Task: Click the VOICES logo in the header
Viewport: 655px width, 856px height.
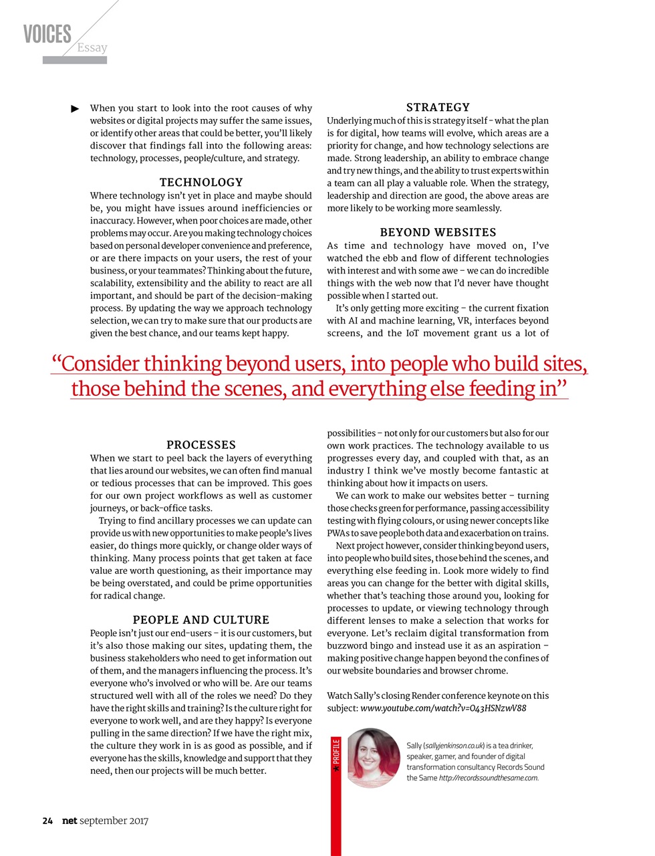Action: pyautogui.click(x=47, y=34)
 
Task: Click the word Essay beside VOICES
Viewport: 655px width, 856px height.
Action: pyautogui.click(x=92, y=47)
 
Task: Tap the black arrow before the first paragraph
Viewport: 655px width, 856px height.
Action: pyautogui.click(x=76, y=108)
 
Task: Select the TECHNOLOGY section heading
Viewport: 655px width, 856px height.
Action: pyautogui.click(x=201, y=182)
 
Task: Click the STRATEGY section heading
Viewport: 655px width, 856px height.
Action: pyautogui.click(x=438, y=107)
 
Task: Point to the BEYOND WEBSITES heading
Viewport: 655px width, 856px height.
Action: pyautogui.click(x=438, y=232)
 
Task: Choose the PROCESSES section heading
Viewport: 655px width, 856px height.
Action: pyautogui.click(x=201, y=445)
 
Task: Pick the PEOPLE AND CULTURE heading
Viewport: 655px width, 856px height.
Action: pyautogui.click(x=201, y=620)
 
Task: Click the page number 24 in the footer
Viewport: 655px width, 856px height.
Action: pyautogui.click(x=47, y=821)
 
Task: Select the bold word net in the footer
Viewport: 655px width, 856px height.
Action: pyautogui.click(x=70, y=821)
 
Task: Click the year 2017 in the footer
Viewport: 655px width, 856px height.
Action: pyautogui.click(x=139, y=821)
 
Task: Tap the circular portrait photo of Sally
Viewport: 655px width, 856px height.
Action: pyautogui.click(x=373, y=758)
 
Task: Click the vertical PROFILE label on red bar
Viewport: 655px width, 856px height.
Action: pyautogui.click(x=336, y=752)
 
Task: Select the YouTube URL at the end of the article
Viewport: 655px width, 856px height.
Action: pyautogui.click(x=443, y=708)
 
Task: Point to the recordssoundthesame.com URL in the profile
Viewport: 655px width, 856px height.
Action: pyautogui.click(x=488, y=778)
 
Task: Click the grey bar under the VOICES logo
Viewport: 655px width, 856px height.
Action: pyautogui.click(x=75, y=60)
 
